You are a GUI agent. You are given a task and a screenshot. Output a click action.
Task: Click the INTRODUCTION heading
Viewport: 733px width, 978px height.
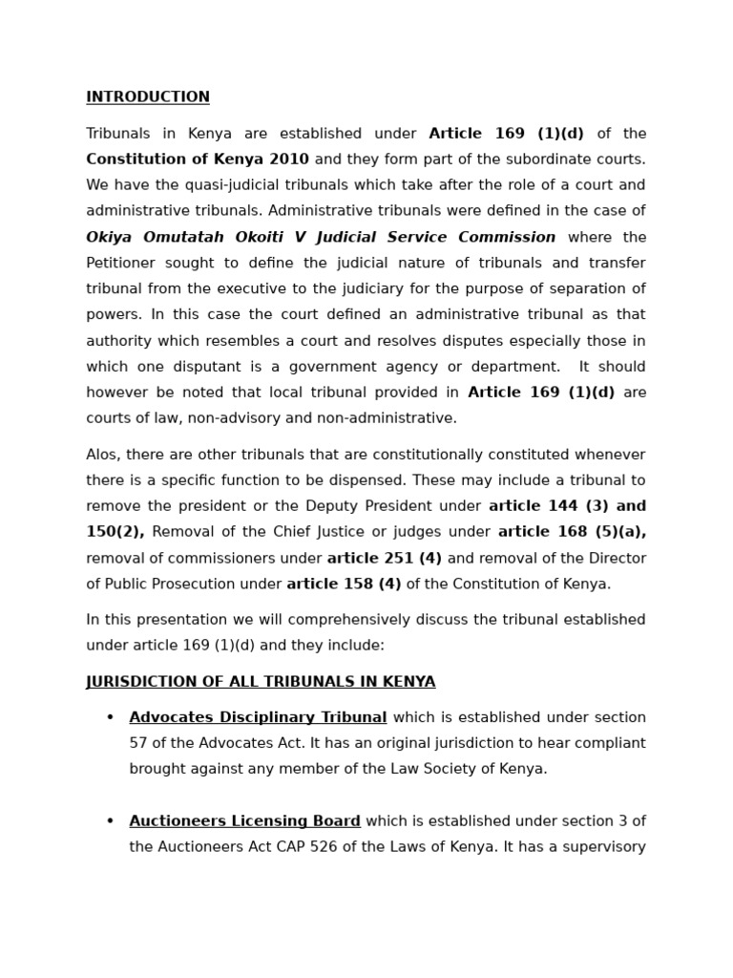(x=148, y=97)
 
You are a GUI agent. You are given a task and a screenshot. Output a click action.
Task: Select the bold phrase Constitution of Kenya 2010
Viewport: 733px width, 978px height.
(x=198, y=159)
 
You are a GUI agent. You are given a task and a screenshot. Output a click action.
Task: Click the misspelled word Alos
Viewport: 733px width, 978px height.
(x=104, y=455)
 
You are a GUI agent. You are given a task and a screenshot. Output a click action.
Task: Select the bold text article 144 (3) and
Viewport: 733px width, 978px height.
(x=567, y=506)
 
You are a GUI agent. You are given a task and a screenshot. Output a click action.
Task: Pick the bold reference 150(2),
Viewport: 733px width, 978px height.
(x=115, y=532)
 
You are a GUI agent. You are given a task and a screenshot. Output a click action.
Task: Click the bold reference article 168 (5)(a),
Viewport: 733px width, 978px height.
(x=572, y=532)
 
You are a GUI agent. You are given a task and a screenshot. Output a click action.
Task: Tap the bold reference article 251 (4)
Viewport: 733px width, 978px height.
(x=385, y=559)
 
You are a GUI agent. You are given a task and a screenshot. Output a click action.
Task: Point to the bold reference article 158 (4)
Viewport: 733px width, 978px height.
(x=344, y=585)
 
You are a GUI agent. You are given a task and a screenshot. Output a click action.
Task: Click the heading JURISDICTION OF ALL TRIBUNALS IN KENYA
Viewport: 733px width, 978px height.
(x=261, y=682)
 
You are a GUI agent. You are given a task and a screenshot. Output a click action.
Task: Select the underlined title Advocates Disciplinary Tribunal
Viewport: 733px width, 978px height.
(x=258, y=717)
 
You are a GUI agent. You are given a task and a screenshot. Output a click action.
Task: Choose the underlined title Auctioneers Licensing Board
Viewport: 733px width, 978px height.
(x=244, y=821)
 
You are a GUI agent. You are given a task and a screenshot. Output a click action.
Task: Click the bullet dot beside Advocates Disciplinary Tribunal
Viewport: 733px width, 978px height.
(x=110, y=718)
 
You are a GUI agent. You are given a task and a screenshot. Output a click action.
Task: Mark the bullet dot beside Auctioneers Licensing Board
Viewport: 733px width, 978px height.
(x=110, y=821)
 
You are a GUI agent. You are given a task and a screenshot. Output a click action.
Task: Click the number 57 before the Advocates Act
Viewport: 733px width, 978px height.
(x=138, y=743)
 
